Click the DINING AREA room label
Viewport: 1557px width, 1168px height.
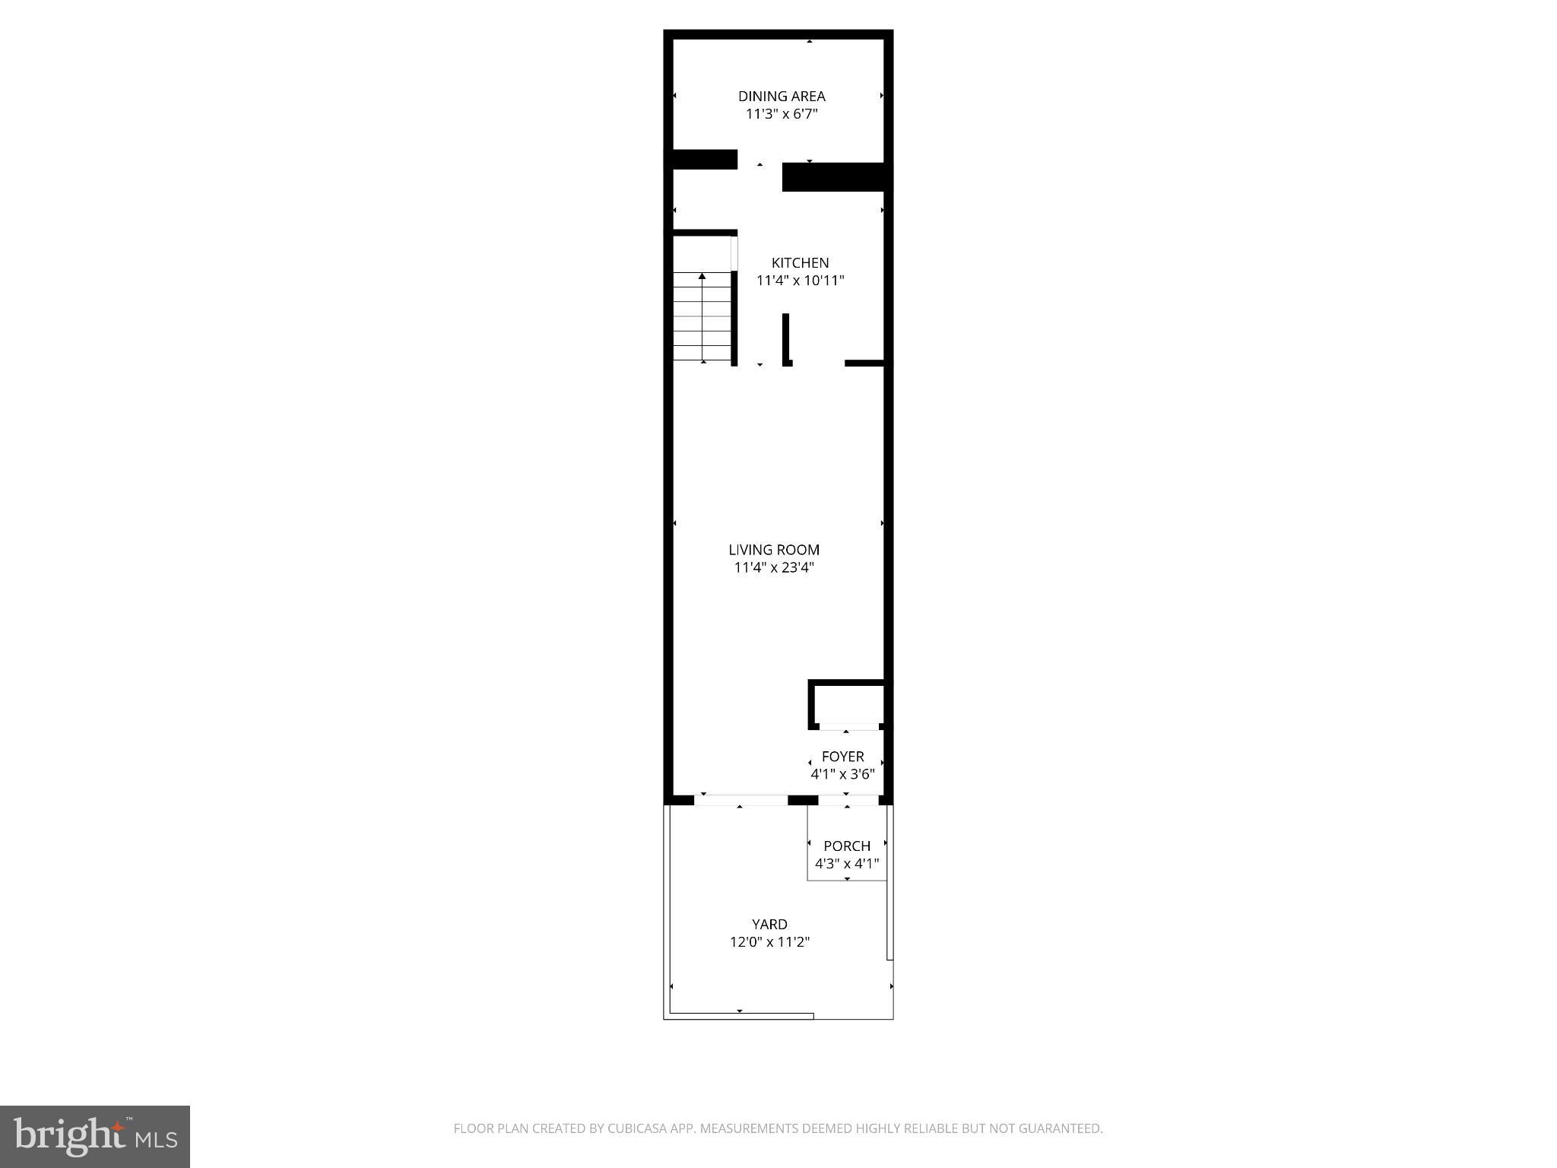click(782, 97)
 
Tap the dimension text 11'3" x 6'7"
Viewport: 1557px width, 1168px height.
click(782, 114)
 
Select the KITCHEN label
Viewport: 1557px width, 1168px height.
click(800, 263)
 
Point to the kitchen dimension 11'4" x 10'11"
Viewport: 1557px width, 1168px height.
click(800, 281)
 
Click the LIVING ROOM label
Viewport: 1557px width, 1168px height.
click(774, 550)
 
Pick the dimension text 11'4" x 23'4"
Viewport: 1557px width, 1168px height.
click(774, 567)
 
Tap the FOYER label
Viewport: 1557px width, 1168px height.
click(842, 757)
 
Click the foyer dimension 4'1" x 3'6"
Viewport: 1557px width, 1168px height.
click(842, 774)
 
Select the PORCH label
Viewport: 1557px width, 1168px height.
click(847, 846)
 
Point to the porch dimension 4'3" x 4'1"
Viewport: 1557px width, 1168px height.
click(847, 863)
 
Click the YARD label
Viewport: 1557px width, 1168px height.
click(769, 924)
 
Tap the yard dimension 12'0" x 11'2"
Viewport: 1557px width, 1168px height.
click(769, 941)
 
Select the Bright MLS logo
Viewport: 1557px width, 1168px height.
click(94, 1136)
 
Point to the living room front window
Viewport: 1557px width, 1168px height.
click(740, 800)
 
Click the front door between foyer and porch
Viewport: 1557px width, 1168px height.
click(848, 800)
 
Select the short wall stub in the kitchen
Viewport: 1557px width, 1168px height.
click(786, 339)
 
